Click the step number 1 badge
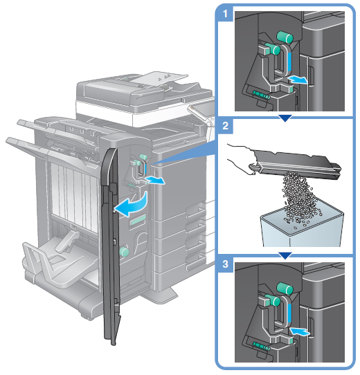(225, 14)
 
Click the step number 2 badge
(225, 125)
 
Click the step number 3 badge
(225, 264)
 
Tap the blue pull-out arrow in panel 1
(297, 80)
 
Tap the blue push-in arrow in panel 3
(300, 331)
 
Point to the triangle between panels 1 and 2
(285, 118)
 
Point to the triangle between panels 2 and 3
(285, 255)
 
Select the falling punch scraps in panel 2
(300, 199)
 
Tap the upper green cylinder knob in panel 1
(285, 37)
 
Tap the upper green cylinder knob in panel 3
(285, 289)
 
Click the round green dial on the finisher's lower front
(124, 252)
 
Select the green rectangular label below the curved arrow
(138, 220)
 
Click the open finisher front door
(111, 246)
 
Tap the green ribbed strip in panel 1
(262, 95)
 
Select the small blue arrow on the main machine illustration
(156, 180)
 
